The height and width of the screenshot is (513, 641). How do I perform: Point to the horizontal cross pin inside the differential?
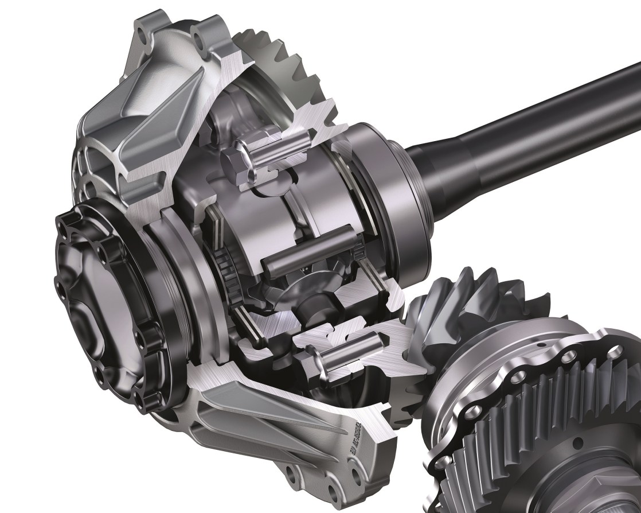pos(304,259)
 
